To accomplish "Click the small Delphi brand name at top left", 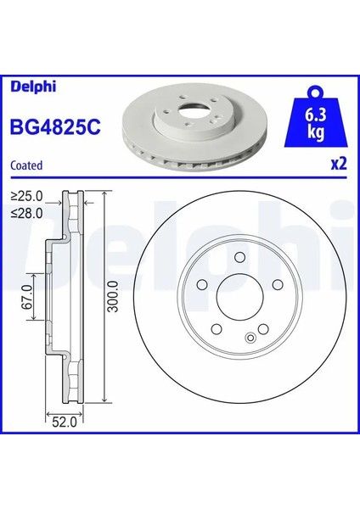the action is pos(33,87).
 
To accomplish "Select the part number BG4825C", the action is pos(55,127).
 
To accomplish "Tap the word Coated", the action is pos(26,165).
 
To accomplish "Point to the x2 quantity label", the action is pos(339,165).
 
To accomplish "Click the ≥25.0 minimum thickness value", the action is pos(27,196).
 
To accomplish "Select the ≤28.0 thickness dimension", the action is pos(27,213).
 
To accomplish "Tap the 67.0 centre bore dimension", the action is pos(27,297).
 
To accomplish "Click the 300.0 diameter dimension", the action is pos(113,297).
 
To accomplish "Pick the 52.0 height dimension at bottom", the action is pos(65,422).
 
